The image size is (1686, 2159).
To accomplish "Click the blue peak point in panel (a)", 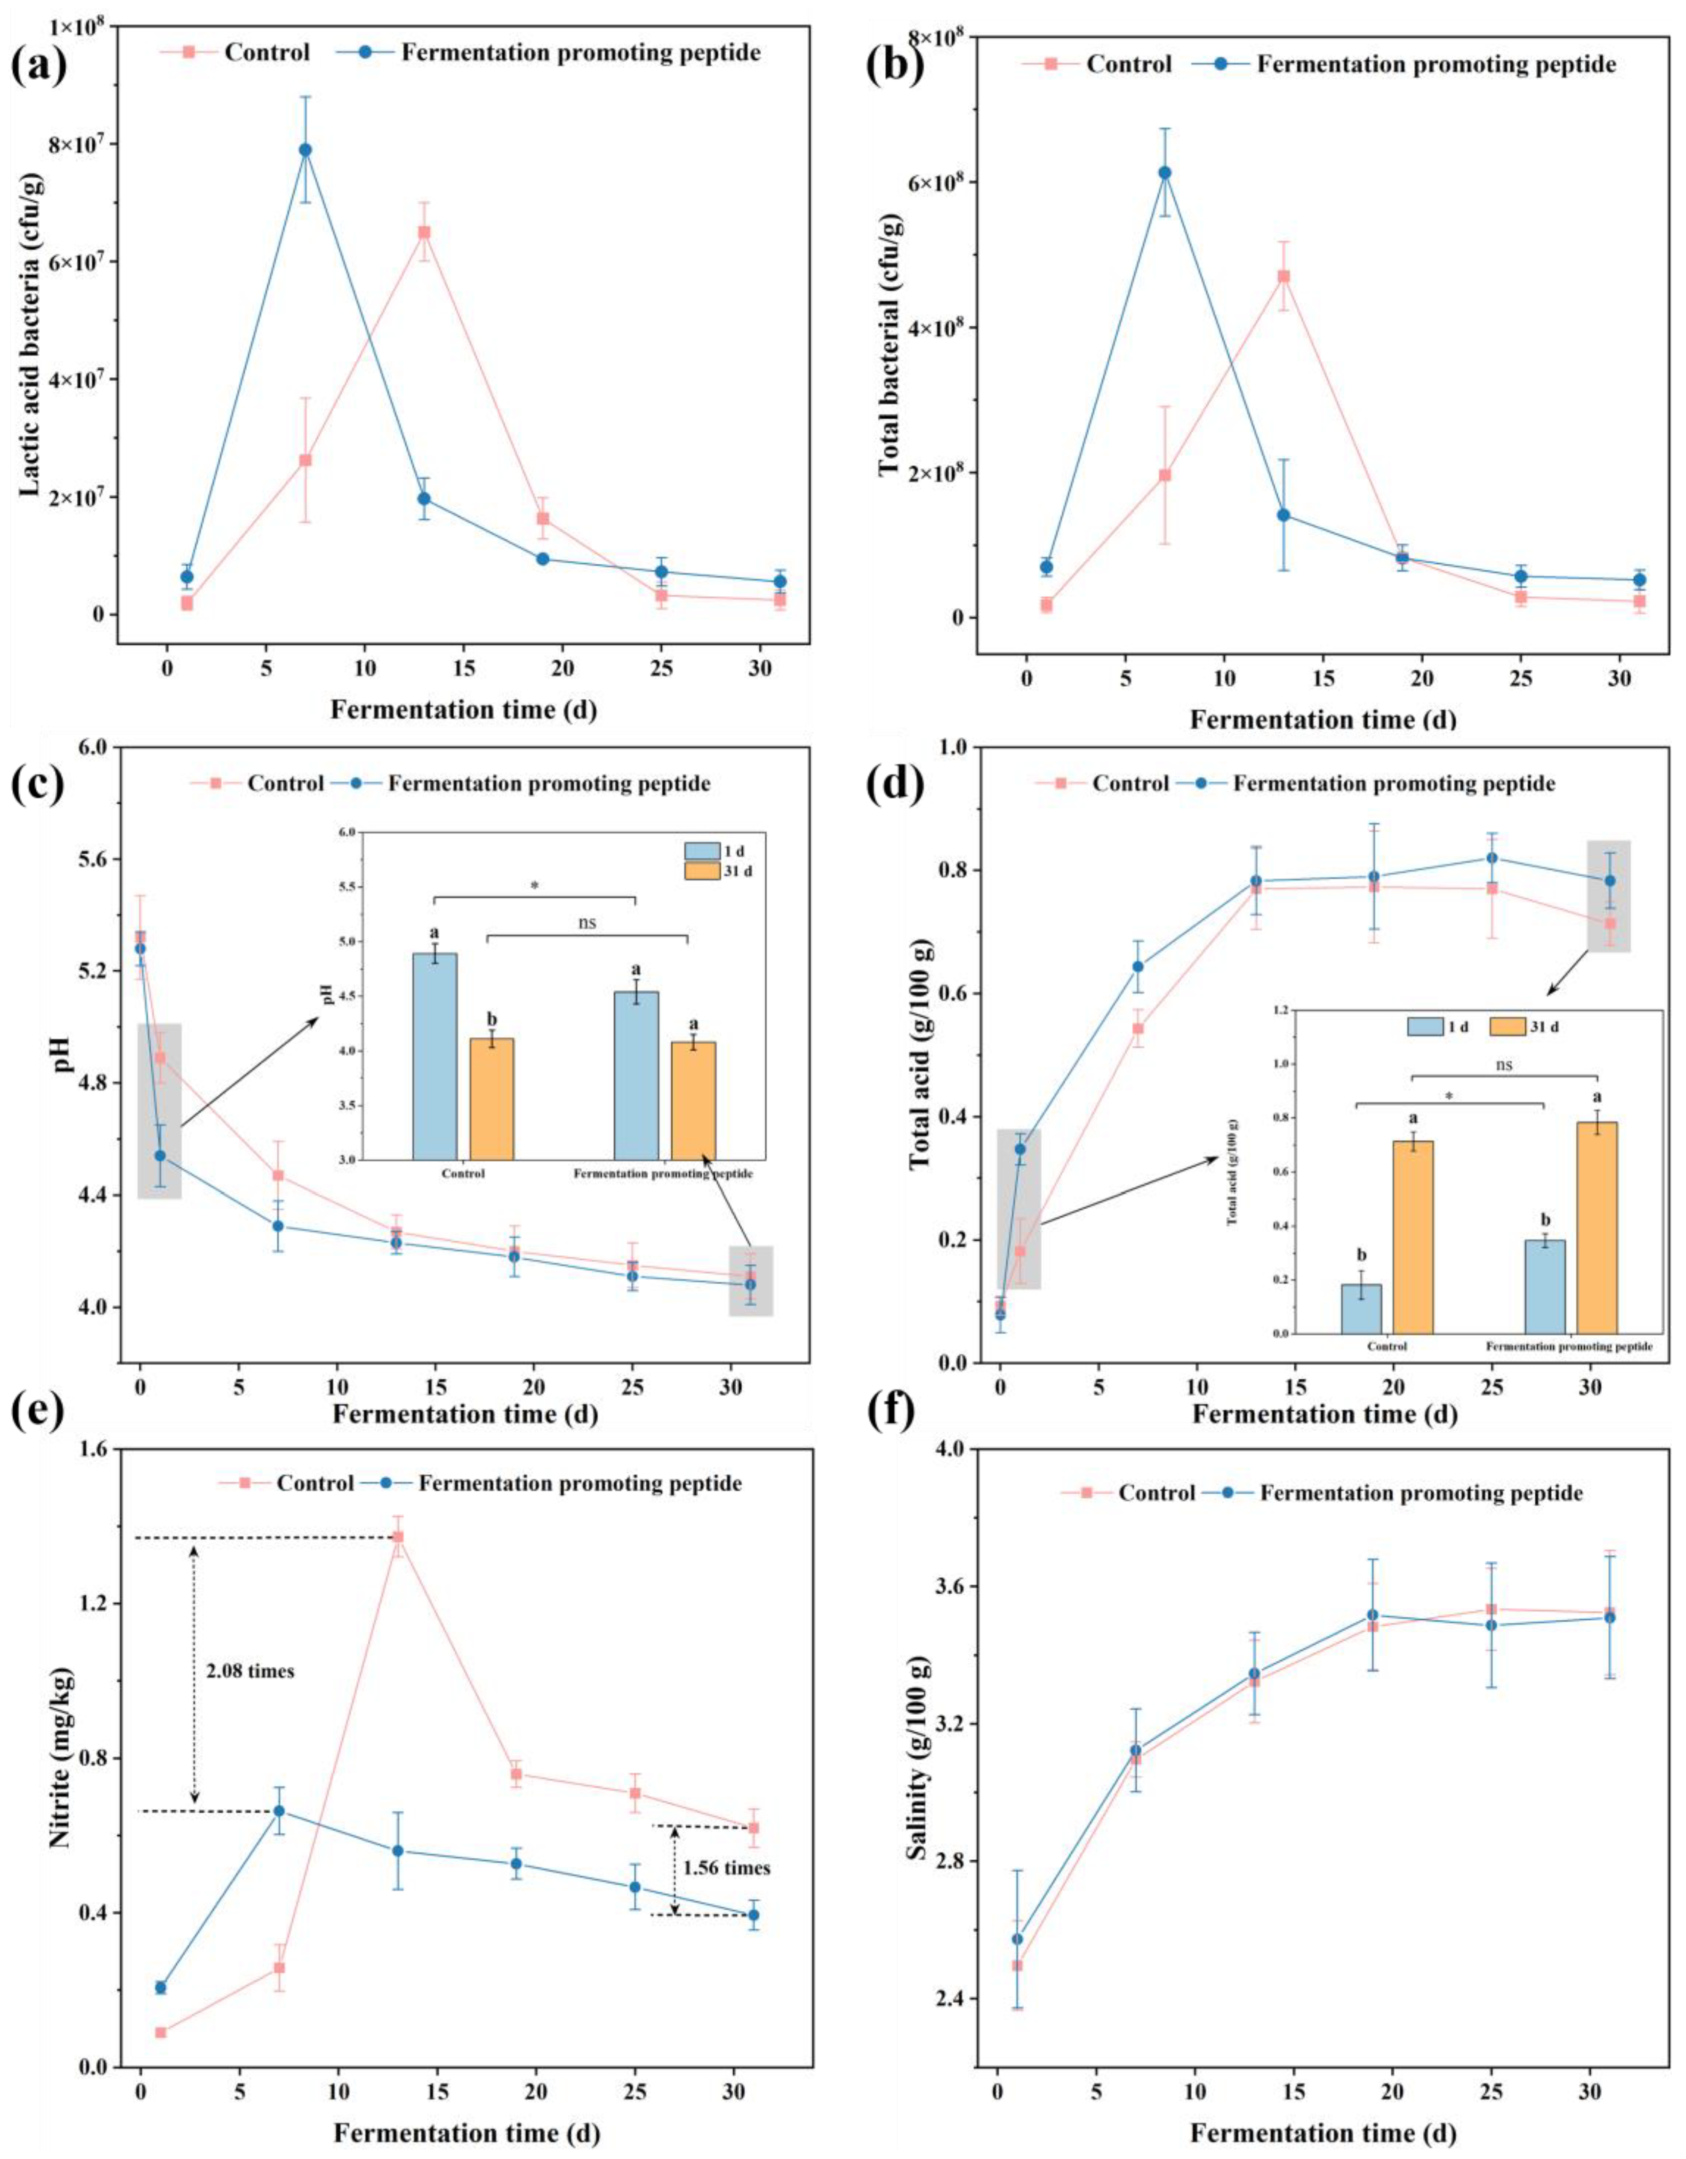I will [x=305, y=150].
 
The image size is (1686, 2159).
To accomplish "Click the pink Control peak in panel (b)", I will [x=1283, y=277].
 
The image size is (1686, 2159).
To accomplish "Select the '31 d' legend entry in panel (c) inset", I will [x=731, y=871].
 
